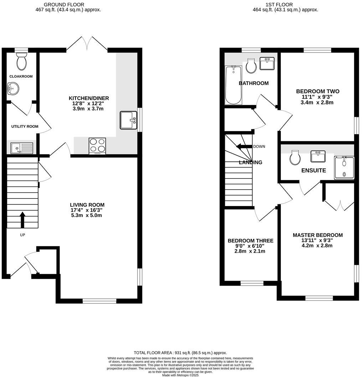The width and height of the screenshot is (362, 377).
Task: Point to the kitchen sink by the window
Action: click(x=128, y=120)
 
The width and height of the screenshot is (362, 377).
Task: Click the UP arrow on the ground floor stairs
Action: click(x=22, y=220)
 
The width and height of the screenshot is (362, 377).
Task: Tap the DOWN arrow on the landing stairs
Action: click(x=244, y=146)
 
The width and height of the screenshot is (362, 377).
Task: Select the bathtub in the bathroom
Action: click(x=233, y=85)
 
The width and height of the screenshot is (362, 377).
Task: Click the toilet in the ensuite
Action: click(x=295, y=157)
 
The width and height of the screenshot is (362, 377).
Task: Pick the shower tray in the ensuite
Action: click(x=344, y=168)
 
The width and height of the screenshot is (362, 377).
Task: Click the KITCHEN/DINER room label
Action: click(x=89, y=98)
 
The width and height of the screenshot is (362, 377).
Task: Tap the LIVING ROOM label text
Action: click(x=87, y=205)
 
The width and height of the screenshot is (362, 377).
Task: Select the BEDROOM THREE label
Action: click(x=250, y=241)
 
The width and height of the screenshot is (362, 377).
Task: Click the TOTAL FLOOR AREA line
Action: click(x=180, y=352)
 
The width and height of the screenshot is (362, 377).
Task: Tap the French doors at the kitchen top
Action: click(x=87, y=43)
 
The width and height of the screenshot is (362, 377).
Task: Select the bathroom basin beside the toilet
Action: click(x=267, y=64)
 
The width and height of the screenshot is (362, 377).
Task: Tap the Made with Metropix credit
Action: click(x=180, y=375)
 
